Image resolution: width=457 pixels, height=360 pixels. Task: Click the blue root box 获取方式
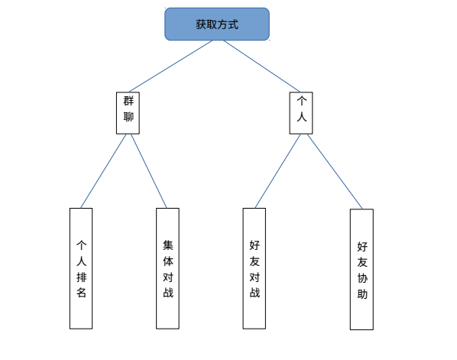coord(217,24)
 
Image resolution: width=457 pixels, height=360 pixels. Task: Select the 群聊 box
coord(128,112)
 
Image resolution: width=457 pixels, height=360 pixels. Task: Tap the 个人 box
coord(301,112)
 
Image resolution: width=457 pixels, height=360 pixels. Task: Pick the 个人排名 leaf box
coord(81,268)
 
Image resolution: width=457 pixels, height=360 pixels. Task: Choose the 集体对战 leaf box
coord(167,268)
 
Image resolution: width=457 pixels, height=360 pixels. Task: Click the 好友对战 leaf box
coord(254,268)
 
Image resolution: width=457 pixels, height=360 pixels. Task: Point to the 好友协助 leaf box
coord(361,269)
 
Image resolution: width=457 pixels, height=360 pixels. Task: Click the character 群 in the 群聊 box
coord(128,102)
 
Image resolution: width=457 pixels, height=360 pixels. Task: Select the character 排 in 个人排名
coord(82,276)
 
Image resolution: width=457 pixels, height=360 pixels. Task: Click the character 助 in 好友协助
coord(362,294)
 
